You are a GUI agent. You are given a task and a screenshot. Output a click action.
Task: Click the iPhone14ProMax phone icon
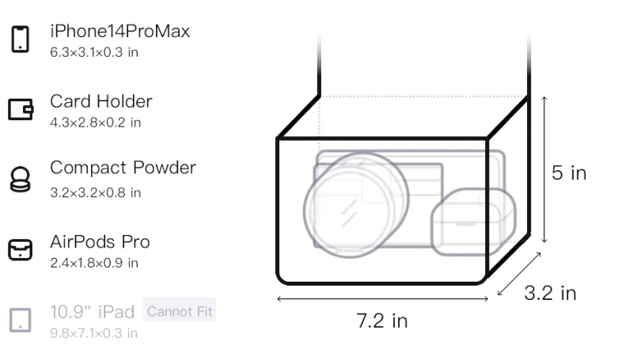(21, 39)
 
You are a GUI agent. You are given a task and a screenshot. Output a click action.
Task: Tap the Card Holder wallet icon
(21, 109)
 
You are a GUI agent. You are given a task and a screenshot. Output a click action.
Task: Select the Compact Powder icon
(21, 179)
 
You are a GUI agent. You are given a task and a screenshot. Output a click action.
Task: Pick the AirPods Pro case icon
(21, 250)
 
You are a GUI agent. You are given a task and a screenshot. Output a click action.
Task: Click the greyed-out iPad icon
(21, 320)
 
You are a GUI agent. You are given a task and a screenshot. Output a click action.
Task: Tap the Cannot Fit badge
(180, 311)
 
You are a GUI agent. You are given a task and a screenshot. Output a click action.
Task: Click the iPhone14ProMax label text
(120, 32)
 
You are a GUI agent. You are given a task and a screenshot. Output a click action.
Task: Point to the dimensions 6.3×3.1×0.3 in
(94, 52)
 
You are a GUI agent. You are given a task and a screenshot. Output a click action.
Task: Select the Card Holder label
(101, 101)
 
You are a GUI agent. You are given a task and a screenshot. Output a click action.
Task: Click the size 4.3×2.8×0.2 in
(96, 123)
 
